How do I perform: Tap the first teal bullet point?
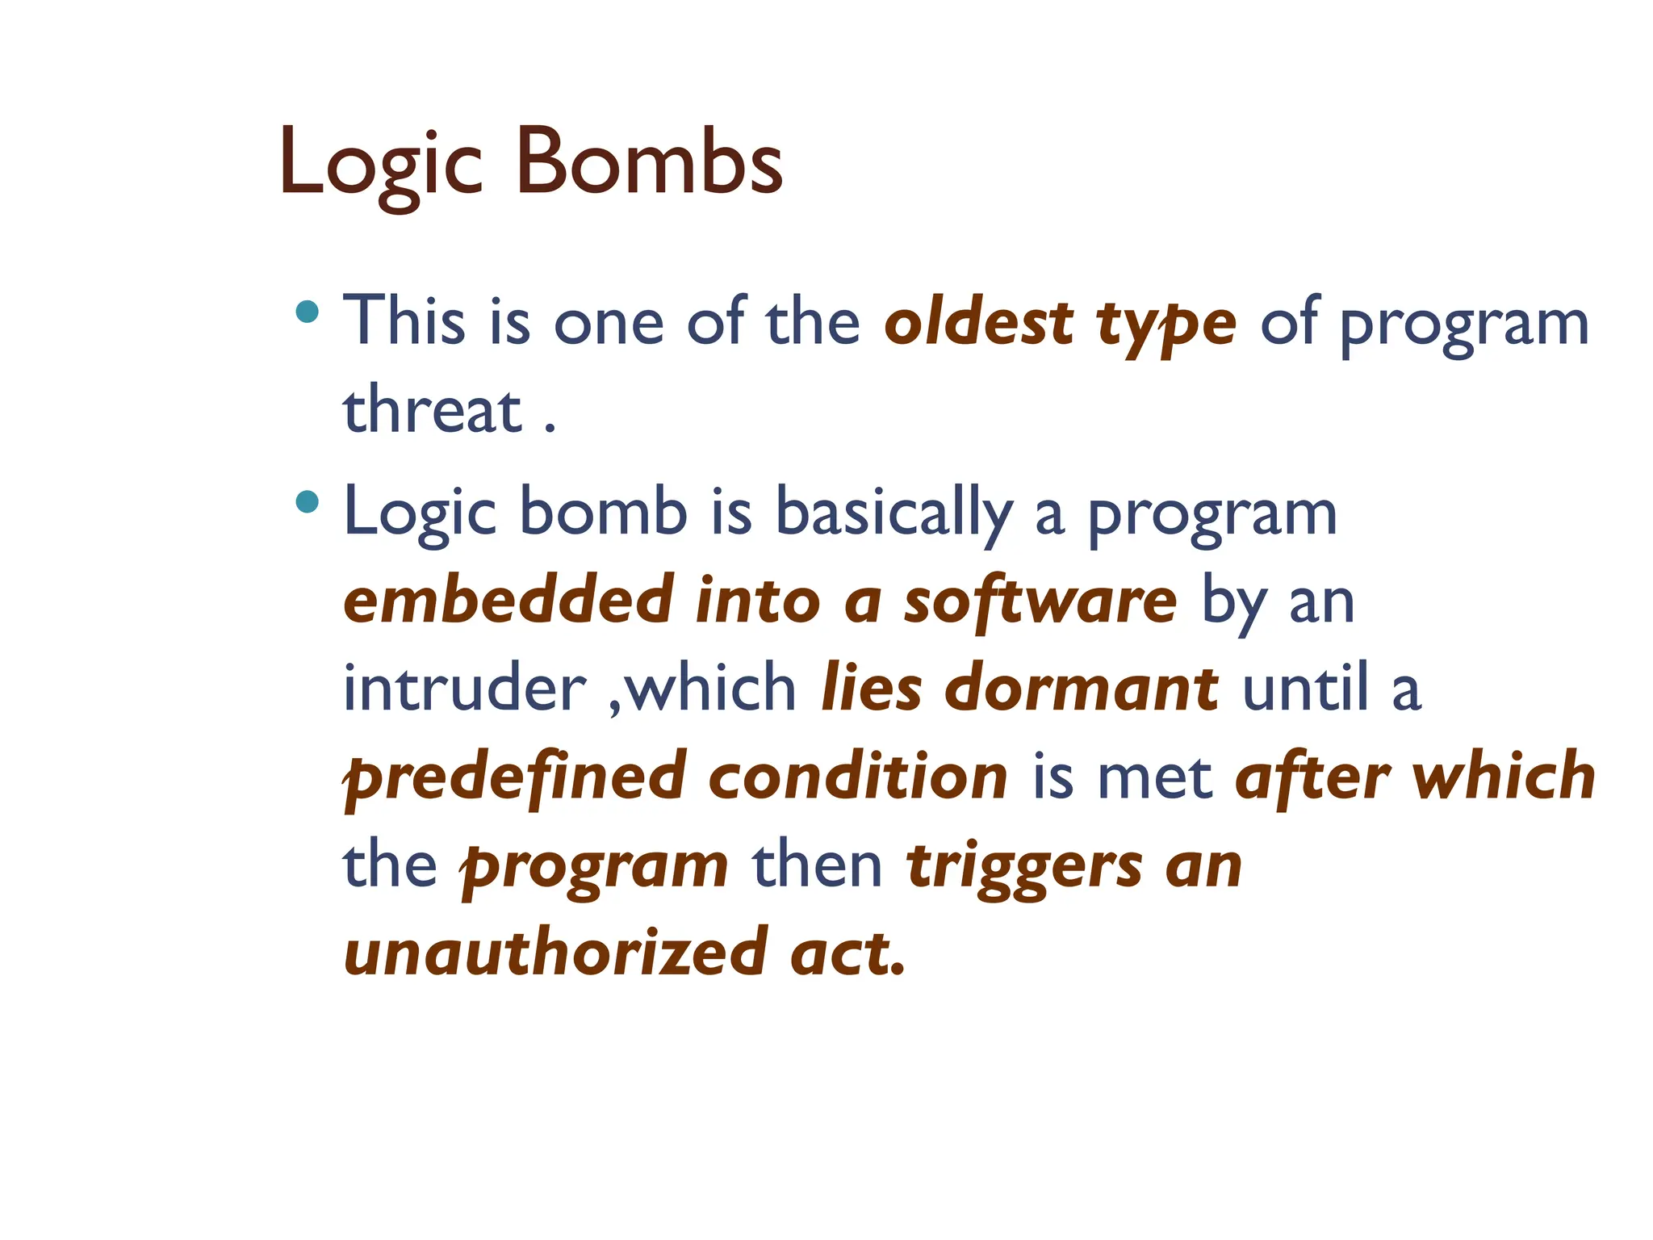pos(307,312)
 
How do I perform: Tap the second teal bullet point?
pos(307,502)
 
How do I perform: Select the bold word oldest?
pos(978,322)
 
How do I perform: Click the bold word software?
pos(1040,601)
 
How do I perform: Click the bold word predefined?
pos(515,778)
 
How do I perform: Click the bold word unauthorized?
pos(556,953)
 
